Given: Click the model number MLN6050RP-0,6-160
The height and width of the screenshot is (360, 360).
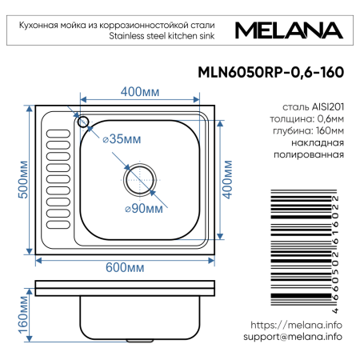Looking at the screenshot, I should click(270, 71).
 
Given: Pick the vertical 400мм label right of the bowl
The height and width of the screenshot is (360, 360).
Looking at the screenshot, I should click(226, 180).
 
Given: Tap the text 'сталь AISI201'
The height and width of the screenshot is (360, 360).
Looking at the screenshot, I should click(314, 106).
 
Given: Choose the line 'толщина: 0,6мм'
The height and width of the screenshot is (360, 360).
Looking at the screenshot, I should click(308, 118).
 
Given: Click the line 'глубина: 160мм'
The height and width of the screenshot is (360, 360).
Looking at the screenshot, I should click(310, 130).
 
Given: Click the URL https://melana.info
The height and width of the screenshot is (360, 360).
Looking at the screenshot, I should click(296, 325).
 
